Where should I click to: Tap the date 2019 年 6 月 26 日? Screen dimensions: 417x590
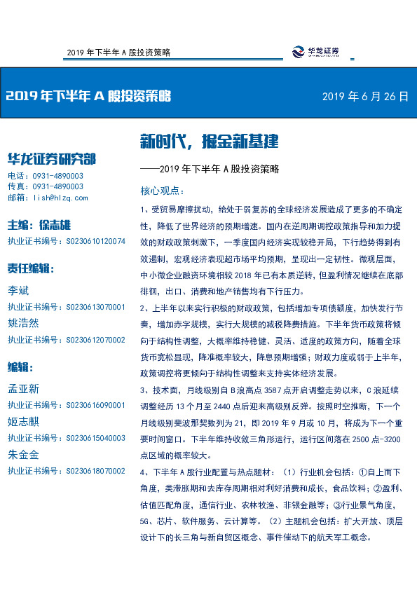click(x=364, y=97)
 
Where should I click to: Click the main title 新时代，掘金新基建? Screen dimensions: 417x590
click(x=209, y=142)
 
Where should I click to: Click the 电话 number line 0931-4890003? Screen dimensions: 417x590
click(x=46, y=176)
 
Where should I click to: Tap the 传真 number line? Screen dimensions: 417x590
click(x=46, y=186)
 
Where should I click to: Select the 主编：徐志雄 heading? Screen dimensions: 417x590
click(x=39, y=225)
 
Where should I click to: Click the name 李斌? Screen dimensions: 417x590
click(x=18, y=291)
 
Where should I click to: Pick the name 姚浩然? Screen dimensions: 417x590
click(x=23, y=324)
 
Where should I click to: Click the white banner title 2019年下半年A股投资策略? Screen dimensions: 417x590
click(x=88, y=97)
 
